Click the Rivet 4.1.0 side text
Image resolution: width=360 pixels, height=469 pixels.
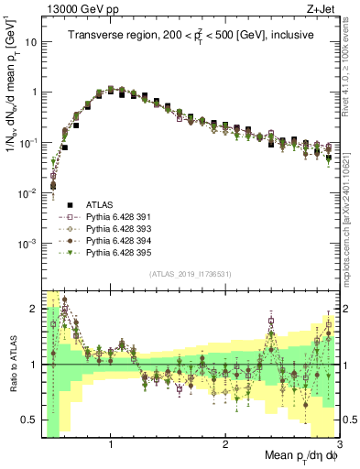pyautogui.click(x=352, y=64)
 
